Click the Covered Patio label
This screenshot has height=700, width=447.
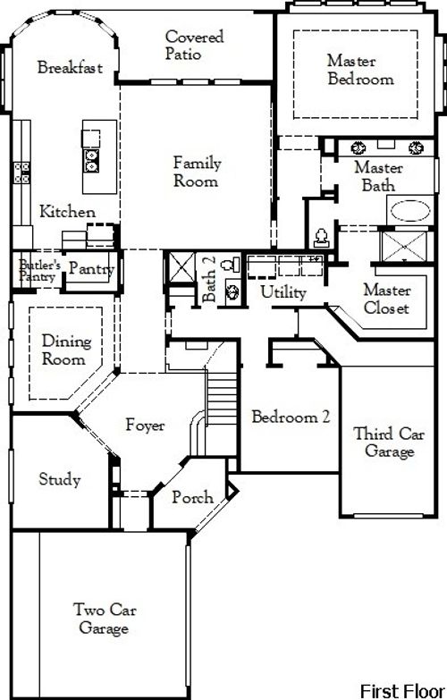pos(194,46)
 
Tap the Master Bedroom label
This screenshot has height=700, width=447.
pos(359,70)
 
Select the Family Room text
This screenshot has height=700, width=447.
pos(196,172)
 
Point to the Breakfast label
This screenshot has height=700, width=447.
pos(70,68)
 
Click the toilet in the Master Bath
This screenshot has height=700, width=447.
pos(320,237)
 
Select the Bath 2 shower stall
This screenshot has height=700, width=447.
pos(178,267)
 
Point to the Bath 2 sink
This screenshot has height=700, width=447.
pos(231,290)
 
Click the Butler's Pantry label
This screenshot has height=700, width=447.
pos(39,270)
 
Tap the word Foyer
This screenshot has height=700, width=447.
pos(145,426)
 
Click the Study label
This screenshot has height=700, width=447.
pos(60,480)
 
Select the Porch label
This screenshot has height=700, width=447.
pos(192,497)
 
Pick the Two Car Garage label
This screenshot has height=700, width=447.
pos(100,619)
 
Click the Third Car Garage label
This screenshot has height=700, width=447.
pos(384,443)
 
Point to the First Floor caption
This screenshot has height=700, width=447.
pos(401,690)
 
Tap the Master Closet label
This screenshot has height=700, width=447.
pos(387,299)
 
